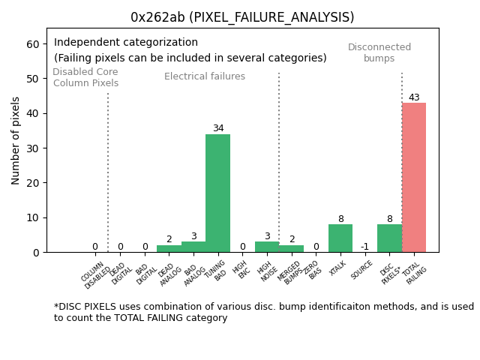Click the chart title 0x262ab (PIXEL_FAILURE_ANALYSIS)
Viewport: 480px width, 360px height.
[242, 17]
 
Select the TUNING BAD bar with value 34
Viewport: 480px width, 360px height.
[217, 193]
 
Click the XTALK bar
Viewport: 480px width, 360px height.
[340, 238]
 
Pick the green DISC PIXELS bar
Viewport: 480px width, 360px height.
[389, 238]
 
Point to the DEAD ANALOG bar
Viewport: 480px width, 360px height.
[169, 248]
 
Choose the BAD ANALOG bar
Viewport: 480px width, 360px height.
[193, 247]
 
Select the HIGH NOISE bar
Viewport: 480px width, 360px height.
[267, 247]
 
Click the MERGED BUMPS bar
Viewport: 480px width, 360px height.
[292, 248]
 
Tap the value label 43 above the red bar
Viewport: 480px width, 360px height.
[414, 97]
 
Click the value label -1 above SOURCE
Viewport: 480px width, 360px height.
[364, 247]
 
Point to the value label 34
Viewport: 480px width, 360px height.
[217, 128]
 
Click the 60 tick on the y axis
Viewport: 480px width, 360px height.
[33, 44]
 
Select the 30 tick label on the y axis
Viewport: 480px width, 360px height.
[33, 148]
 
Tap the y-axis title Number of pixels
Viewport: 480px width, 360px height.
[16, 140]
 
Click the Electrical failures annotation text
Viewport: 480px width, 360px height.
[205, 76]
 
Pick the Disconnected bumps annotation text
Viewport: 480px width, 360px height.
[379, 52]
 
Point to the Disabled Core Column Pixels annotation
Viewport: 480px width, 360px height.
[85, 77]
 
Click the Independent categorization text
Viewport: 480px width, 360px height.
[126, 43]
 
